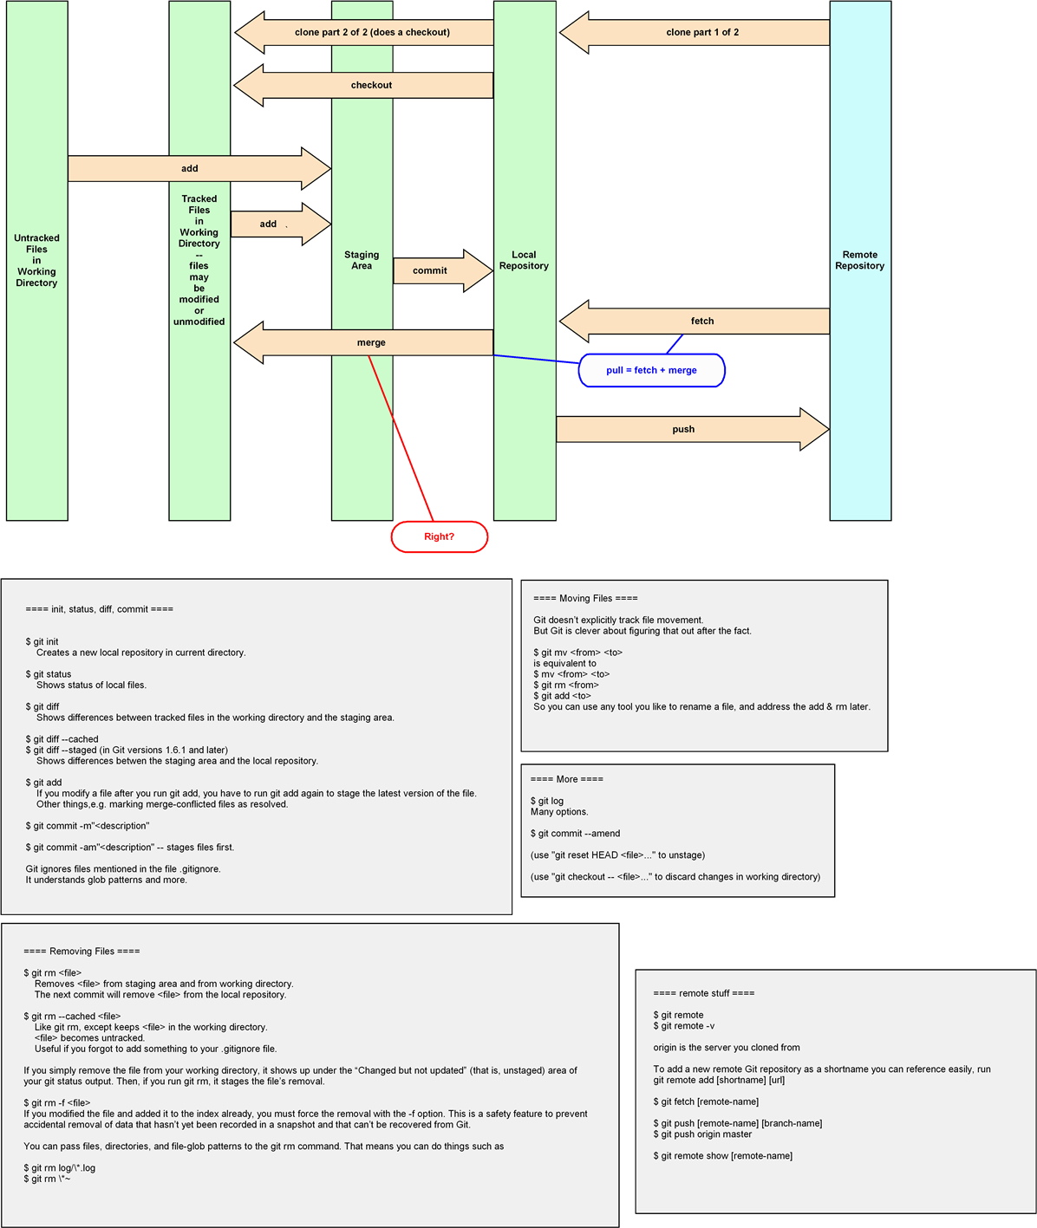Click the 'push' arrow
click(x=684, y=429)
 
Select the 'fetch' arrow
click(x=702, y=322)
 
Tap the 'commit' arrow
click(x=431, y=270)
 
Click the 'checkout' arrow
click(x=371, y=85)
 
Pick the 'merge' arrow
click(x=371, y=342)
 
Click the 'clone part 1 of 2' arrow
click(x=702, y=33)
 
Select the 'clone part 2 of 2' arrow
click(x=372, y=33)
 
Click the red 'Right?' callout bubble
click(x=440, y=536)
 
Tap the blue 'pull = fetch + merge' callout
click(x=651, y=370)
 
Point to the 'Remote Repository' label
click(x=859, y=260)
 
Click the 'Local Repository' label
click(x=524, y=260)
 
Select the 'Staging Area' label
click(x=362, y=260)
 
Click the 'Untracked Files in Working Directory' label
click(x=36, y=260)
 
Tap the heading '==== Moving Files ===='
click(x=585, y=598)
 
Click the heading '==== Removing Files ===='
click(x=82, y=951)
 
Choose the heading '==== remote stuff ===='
click(x=703, y=993)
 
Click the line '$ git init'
click(x=42, y=642)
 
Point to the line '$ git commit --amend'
click(x=575, y=834)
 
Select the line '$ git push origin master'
click(x=702, y=1134)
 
